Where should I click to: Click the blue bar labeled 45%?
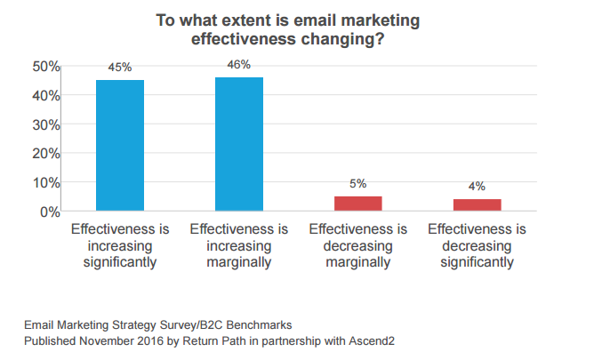(x=120, y=146)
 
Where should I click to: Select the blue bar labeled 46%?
(x=238, y=144)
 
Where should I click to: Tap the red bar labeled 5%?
(x=357, y=204)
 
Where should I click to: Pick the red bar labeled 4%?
(x=477, y=205)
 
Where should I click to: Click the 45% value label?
(x=120, y=67)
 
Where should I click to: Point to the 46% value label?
(x=239, y=64)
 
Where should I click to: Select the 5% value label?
(x=357, y=183)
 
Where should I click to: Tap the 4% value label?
(x=477, y=186)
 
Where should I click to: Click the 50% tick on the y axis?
(x=46, y=67)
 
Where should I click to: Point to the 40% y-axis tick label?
(x=46, y=96)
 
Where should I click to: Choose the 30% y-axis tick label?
(x=46, y=124)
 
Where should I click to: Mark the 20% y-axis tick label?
(x=46, y=154)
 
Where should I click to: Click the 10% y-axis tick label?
(x=46, y=183)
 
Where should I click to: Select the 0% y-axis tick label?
(x=50, y=212)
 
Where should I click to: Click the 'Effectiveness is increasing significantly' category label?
(x=120, y=245)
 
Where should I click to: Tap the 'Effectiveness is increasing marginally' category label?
(x=238, y=245)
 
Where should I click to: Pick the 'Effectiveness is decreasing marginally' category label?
(x=357, y=245)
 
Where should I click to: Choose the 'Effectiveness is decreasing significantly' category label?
(x=477, y=245)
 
